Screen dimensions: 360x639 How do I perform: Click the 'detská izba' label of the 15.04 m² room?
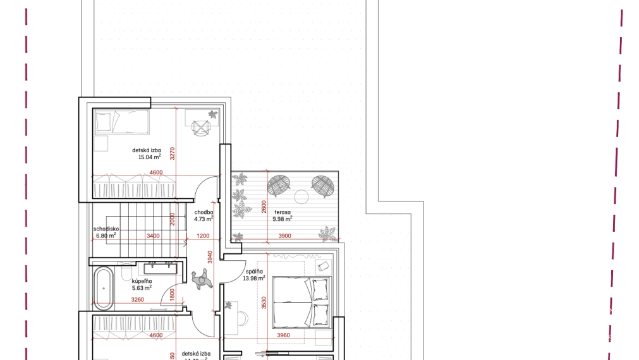[146, 150]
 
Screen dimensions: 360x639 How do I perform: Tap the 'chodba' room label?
[203, 212]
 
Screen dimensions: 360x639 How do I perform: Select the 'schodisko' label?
[104, 229]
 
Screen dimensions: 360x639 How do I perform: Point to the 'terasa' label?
[282, 212]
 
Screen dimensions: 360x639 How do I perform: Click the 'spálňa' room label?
[255, 272]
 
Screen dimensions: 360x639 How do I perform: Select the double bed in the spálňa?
[300, 301]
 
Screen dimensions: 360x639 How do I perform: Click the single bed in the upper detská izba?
[122, 121]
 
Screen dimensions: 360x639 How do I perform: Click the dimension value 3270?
[173, 155]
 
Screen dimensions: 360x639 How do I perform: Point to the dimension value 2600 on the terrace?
[264, 207]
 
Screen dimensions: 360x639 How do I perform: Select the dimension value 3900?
[284, 236]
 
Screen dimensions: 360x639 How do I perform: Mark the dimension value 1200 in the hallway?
[203, 236]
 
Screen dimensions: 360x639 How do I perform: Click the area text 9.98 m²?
[282, 219]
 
